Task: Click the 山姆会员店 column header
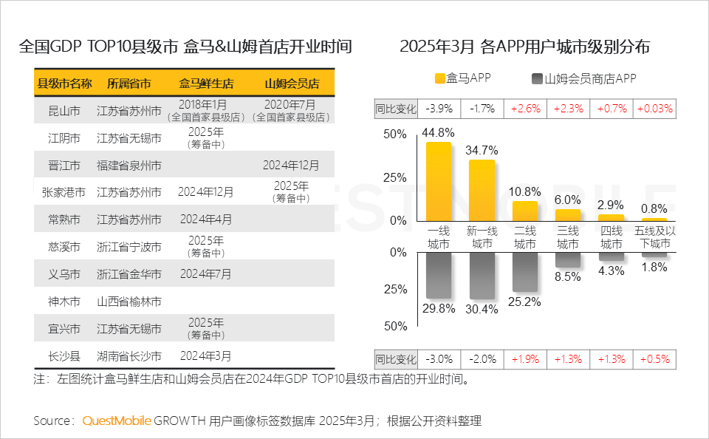click(292, 83)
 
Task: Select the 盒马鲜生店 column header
click(206, 83)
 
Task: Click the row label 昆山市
click(64, 111)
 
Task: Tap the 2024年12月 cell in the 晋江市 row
click(291, 165)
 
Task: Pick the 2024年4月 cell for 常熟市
click(205, 219)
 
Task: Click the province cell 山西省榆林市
click(129, 302)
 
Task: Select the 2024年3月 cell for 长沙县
click(205, 356)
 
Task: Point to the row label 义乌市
click(64, 274)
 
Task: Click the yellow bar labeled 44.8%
click(439, 182)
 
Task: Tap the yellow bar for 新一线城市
click(482, 191)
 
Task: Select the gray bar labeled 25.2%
click(525, 271)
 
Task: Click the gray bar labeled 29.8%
click(439, 275)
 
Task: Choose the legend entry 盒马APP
click(463, 78)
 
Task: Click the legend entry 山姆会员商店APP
click(583, 78)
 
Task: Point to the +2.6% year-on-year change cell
click(525, 109)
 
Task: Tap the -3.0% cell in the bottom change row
click(439, 359)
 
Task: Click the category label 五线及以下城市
click(654, 237)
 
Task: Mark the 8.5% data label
click(567, 277)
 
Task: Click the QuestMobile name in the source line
click(117, 421)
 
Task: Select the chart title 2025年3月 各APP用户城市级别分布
click(524, 47)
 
